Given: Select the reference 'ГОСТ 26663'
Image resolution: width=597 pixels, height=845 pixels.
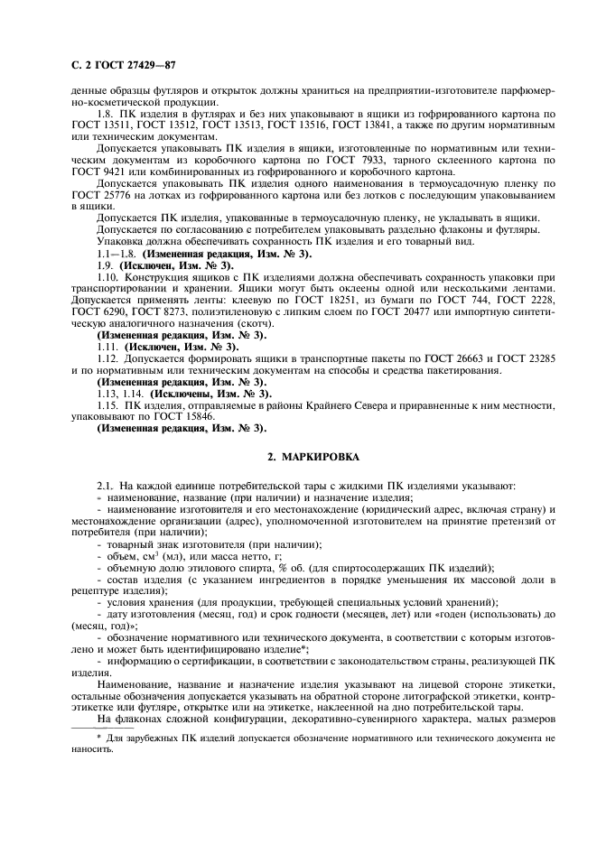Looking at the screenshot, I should coord(457,358).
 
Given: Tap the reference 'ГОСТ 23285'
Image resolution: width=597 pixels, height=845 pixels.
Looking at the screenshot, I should coord(536,358).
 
